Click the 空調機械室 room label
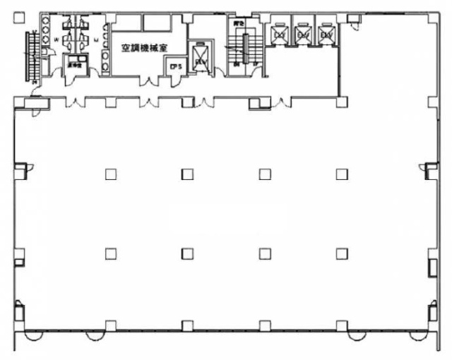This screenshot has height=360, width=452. (148, 50)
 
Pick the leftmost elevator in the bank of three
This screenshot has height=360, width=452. (279, 32)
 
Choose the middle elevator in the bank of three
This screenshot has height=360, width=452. (302, 32)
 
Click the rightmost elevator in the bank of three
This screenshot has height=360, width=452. (326, 32)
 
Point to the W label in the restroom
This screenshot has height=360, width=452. (56, 40)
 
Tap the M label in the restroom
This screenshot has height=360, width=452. (95, 40)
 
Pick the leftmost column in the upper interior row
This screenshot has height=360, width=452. (111, 174)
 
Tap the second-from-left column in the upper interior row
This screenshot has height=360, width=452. (187, 174)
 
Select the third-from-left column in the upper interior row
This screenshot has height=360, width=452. (264, 174)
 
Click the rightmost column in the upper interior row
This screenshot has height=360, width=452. (342, 174)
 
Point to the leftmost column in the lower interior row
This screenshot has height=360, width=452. (111, 252)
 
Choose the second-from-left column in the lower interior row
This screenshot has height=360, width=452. (187, 252)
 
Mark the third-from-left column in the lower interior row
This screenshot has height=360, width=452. (264, 252)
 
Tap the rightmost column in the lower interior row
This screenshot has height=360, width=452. (342, 252)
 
